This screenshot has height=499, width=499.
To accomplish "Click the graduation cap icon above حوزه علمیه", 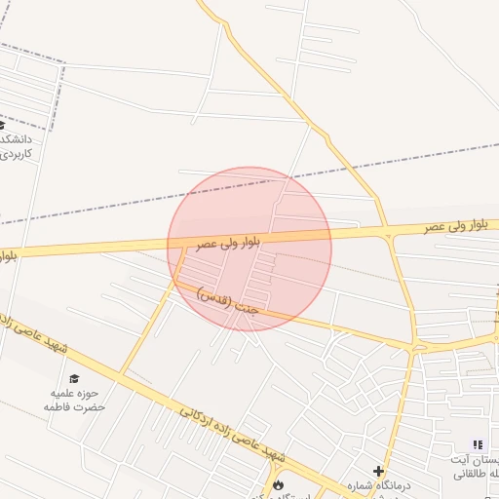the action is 74,378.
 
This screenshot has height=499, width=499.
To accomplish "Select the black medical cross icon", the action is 378,471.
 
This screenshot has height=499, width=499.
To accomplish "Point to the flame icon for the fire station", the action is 278,484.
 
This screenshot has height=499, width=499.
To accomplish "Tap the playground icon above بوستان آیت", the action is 478,444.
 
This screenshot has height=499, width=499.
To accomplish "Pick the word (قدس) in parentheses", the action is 213,295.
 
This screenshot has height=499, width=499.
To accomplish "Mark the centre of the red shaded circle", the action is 249,249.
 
